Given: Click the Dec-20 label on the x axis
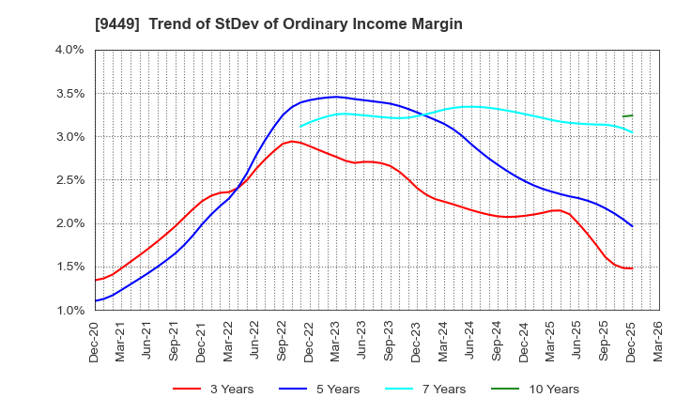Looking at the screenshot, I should [96, 340].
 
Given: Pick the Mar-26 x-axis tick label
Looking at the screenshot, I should [659, 340].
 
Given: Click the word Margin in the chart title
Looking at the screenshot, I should [435, 23].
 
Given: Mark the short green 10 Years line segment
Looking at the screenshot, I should [627, 115].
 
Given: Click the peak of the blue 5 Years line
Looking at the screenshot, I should [336, 97].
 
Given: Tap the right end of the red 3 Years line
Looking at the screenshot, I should [632, 268].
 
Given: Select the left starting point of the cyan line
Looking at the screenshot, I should [300, 126].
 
